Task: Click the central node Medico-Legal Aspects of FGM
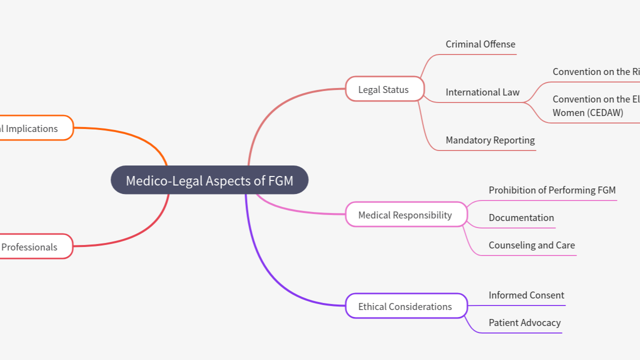point(209,180)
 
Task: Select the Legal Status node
point(384,89)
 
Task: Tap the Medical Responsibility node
point(405,215)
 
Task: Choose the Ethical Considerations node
point(405,306)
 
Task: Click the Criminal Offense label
point(480,44)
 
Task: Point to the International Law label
point(482,92)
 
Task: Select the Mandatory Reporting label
point(490,140)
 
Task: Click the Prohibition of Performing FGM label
point(552,190)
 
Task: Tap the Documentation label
point(521,218)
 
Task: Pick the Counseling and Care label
point(531,245)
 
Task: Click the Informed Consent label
point(526,295)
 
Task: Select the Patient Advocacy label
point(524,323)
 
